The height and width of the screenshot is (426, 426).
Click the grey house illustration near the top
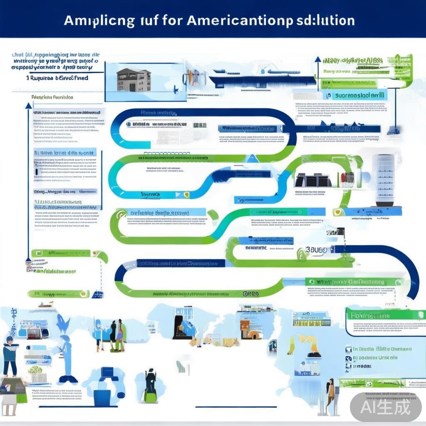click(x=134, y=79)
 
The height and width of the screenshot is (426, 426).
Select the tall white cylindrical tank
click(x=383, y=179)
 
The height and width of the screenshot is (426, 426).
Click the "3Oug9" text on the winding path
click(x=316, y=249)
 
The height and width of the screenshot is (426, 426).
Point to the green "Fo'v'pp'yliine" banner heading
click(x=370, y=315)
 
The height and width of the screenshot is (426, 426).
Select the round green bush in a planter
click(x=35, y=370)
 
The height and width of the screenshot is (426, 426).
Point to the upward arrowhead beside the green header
click(x=318, y=59)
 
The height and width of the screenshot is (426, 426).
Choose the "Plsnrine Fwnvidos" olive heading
click(x=52, y=97)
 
